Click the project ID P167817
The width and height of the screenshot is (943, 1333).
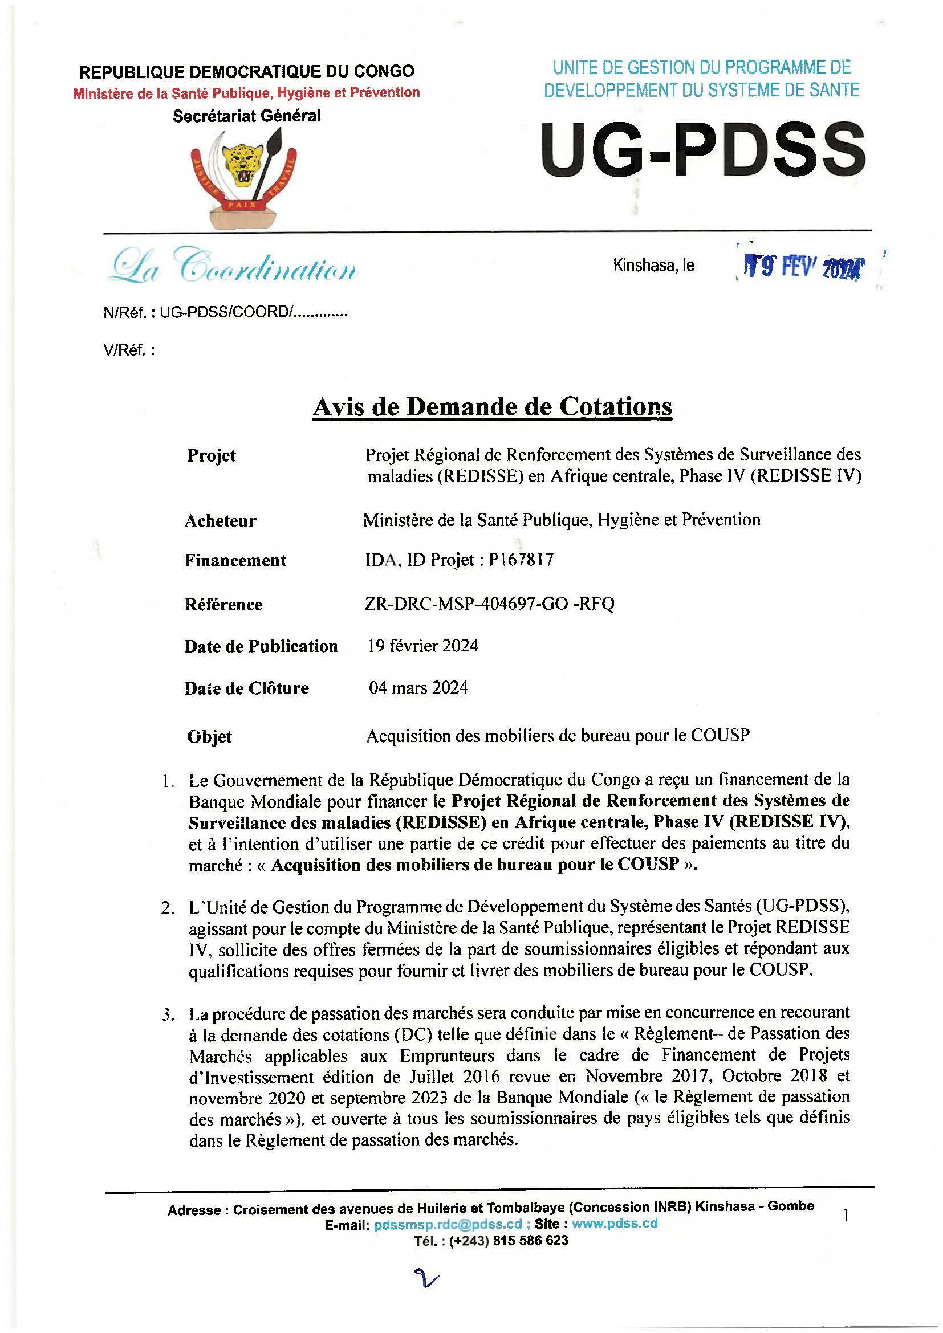521,560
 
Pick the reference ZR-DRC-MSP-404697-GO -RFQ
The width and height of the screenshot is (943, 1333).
489,604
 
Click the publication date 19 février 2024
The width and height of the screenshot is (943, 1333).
423,646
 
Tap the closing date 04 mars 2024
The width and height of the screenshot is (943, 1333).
418,688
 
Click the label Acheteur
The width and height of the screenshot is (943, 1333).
220,521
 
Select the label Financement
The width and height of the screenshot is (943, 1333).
235,560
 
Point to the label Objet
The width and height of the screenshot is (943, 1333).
210,737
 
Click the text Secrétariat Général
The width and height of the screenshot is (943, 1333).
247,116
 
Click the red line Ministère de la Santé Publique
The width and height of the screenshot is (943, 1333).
247,93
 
